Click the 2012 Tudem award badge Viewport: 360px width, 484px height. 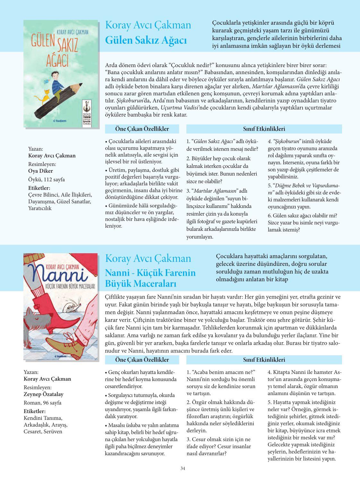click(x=87, y=114)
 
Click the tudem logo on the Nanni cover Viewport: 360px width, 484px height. click(x=60, y=356)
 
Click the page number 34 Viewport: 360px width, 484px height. click(x=183, y=468)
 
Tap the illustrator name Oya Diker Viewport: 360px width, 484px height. click(x=40, y=171)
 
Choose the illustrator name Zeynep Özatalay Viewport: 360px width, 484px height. click(x=44, y=394)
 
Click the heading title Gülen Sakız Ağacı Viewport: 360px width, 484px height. click(x=146, y=40)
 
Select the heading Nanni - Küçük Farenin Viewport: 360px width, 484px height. click(x=150, y=273)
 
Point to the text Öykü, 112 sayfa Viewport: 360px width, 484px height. click(x=47, y=179)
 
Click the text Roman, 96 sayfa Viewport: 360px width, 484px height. click(x=42, y=403)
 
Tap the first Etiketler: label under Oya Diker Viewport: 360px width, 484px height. click(x=39, y=188)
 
